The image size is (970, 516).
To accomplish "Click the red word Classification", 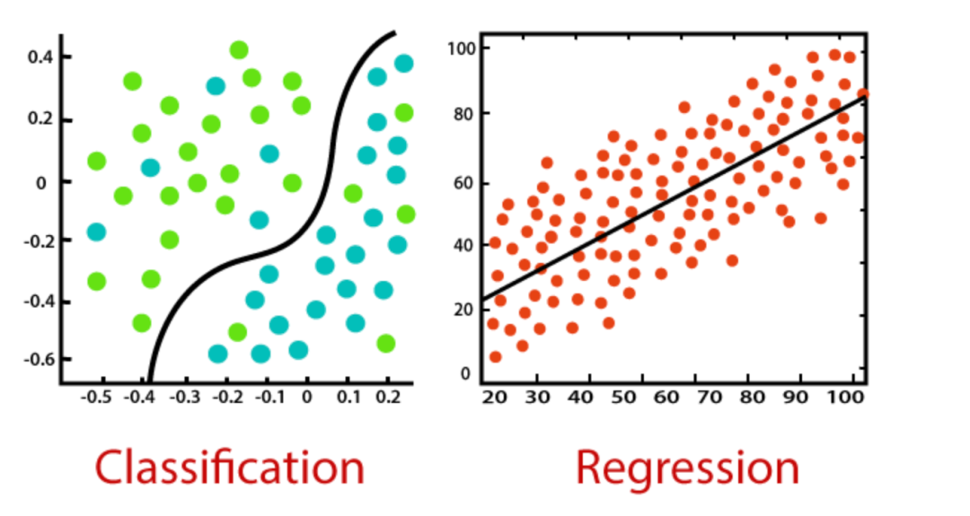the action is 230,468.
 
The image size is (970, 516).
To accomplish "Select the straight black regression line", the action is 673,197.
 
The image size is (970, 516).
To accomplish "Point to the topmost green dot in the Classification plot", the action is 239,50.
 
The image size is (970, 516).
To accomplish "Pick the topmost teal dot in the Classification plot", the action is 404,63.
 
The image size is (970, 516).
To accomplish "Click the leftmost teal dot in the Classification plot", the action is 96,232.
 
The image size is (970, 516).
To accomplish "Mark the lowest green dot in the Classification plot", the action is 385,344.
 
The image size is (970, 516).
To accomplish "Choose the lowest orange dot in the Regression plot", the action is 495,356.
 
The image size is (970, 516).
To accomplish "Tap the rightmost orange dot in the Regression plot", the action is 862,94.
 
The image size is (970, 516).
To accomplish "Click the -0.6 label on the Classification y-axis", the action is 39,359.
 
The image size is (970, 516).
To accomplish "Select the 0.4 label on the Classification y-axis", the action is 40,57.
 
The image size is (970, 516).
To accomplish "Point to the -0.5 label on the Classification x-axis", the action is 96,397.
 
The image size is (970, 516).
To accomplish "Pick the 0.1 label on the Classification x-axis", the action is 348,397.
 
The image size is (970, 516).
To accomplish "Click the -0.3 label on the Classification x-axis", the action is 184,397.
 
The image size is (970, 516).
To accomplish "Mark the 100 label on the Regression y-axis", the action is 460,48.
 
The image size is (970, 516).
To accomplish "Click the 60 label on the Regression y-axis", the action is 463,184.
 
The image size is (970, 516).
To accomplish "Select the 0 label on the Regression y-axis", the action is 466,374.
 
